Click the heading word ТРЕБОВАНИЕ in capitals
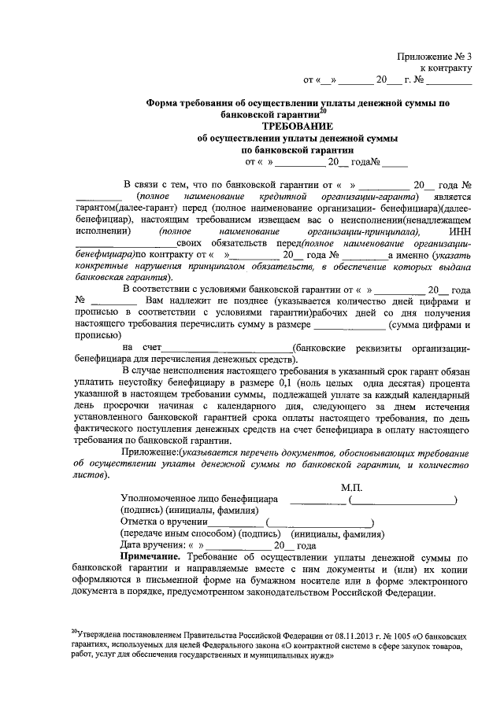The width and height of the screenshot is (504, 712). pyautogui.click(x=297, y=126)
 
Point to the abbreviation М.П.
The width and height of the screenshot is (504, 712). pyautogui.click(x=351, y=488)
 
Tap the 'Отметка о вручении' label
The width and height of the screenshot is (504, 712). pyautogui.click(x=164, y=522)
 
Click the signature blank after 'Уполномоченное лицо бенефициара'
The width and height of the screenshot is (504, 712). pyautogui.click(x=318, y=500)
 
